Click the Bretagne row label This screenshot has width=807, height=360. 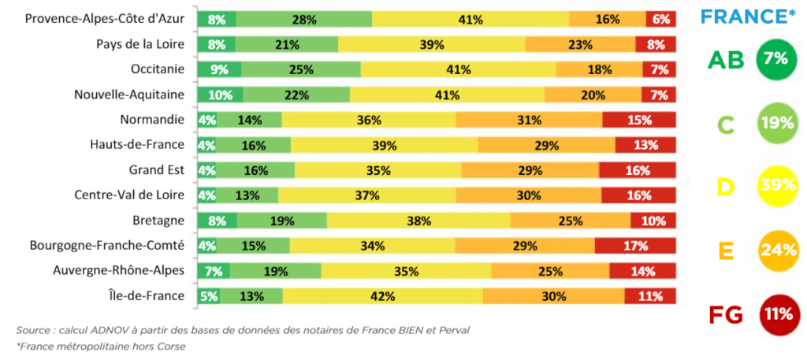coord(159,221)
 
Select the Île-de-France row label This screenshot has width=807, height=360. coord(147,296)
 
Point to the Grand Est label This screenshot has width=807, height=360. coord(156,170)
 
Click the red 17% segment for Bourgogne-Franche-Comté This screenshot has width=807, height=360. coord(635,246)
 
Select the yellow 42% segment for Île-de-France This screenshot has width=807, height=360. coord(383,296)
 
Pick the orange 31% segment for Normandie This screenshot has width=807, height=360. coord(529,120)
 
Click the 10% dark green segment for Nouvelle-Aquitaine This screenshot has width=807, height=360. coord(220,95)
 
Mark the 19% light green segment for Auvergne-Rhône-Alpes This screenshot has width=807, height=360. coord(276,271)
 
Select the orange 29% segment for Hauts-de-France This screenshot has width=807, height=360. coord(546,145)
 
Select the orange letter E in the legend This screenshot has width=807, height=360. coord(726,251)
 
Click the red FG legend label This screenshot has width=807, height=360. coord(726,315)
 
